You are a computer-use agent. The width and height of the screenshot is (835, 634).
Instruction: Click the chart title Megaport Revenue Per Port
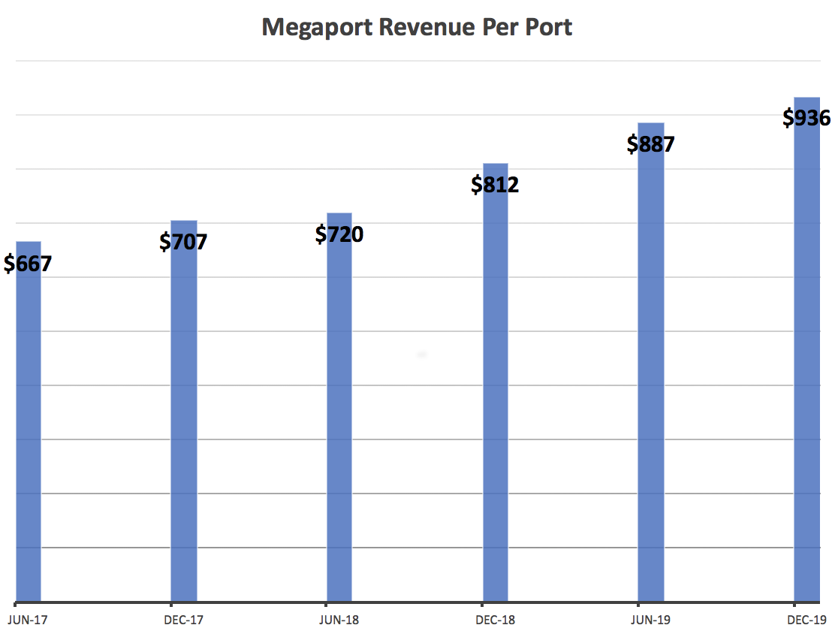(x=417, y=27)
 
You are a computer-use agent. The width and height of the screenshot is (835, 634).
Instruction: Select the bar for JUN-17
(x=28, y=436)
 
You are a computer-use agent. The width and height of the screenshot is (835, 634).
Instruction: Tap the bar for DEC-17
(x=183, y=421)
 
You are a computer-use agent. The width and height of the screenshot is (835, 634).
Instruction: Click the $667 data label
(x=28, y=264)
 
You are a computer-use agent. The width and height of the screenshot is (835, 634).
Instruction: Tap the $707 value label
(x=183, y=242)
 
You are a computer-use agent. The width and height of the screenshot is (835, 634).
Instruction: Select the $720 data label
(x=339, y=234)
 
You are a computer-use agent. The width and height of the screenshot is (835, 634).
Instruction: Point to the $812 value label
(x=495, y=184)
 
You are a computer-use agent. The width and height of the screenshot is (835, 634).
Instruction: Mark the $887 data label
(x=650, y=143)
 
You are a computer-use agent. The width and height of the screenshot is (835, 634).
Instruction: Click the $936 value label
(x=806, y=118)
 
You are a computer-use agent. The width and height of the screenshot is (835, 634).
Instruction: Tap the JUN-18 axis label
(x=339, y=620)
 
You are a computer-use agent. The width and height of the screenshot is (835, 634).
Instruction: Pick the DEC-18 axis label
(x=495, y=620)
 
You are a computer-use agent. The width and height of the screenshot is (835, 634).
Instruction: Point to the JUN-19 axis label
(x=650, y=620)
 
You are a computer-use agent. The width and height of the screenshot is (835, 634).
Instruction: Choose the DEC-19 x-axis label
(x=806, y=620)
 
